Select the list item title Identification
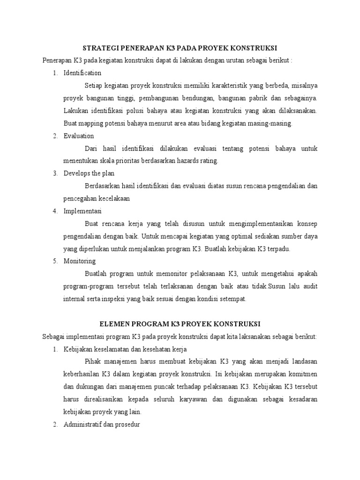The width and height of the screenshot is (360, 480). [82, 73]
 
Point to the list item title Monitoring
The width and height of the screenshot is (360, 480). [80, 261]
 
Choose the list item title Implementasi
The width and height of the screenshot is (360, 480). [82, 211]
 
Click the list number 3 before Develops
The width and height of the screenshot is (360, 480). [55, 173]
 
